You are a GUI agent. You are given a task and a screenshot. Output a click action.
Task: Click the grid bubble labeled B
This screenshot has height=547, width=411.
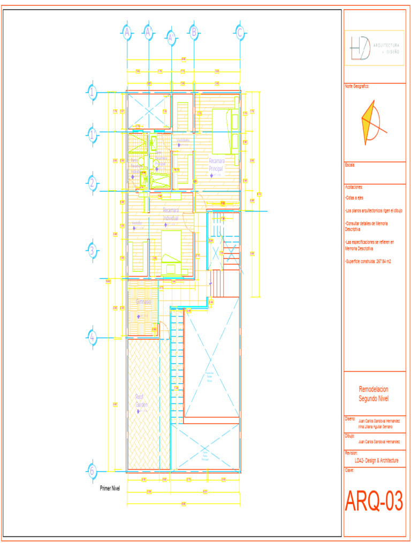point(194,32)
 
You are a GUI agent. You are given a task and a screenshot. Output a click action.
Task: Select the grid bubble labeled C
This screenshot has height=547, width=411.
point(240,33)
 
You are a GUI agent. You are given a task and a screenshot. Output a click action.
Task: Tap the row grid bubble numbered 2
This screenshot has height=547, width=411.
point(93,183)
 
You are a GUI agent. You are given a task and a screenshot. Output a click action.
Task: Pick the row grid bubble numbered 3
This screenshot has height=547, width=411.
point(93,250)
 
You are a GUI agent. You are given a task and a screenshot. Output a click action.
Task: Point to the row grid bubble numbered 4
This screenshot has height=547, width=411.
point(93,337)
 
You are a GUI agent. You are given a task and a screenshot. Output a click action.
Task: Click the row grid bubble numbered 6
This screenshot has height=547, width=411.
point(93,471)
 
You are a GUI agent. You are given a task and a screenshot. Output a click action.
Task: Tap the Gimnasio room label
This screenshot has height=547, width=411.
point(143,302)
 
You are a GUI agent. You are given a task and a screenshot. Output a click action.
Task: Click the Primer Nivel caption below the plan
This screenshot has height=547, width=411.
point(110,488)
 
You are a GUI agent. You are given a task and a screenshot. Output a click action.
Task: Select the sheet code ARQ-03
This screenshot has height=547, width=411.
point(374,502)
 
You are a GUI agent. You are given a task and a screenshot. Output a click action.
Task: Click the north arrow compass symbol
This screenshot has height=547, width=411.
point(370,123)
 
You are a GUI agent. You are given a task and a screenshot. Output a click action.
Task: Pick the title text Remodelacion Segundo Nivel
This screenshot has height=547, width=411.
point(374,394)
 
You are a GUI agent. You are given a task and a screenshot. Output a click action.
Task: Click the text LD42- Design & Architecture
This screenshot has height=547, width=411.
point(376,460)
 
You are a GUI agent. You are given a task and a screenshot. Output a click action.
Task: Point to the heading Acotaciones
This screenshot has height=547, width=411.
point(354,187)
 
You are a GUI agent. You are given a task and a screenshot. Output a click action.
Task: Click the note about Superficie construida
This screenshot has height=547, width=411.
point(368,261)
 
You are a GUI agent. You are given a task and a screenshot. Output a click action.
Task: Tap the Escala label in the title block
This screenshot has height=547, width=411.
point(351,165)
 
